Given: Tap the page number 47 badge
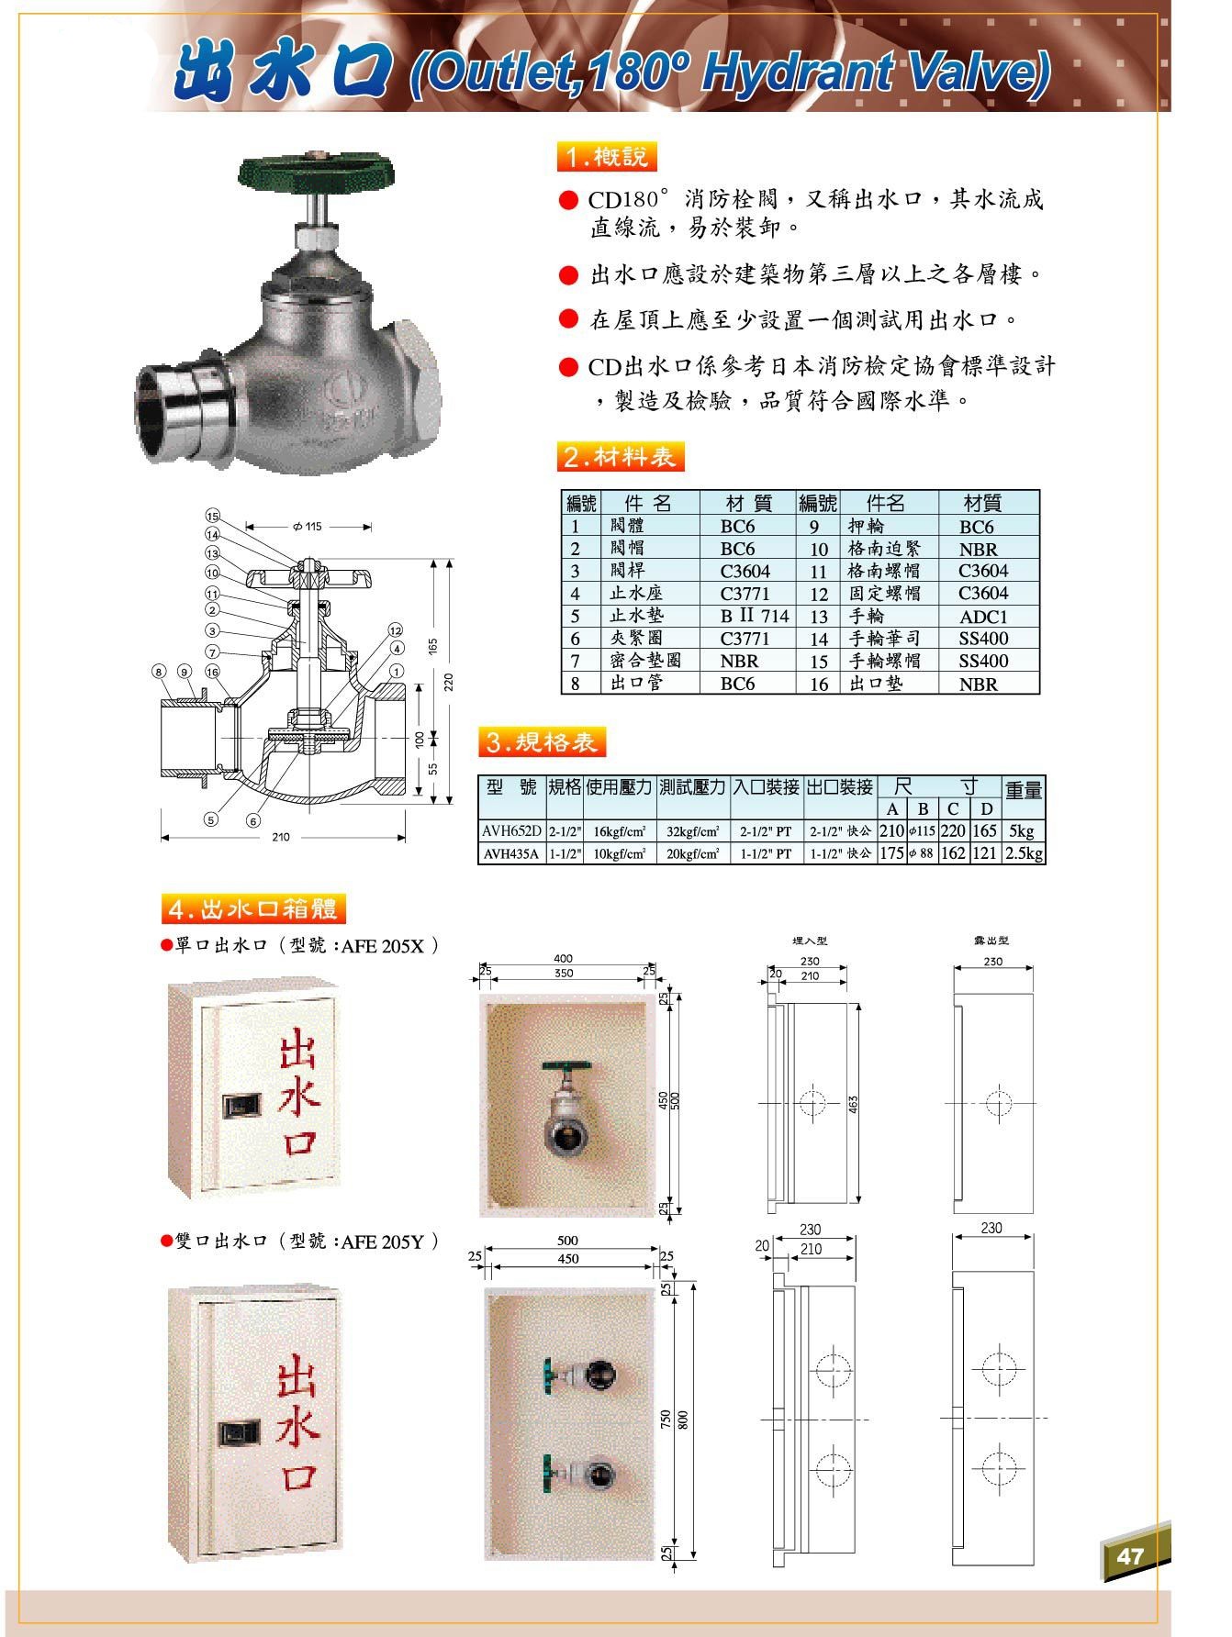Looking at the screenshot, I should [x=1130, y=1555].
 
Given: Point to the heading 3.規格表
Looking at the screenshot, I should [x=542, y=742].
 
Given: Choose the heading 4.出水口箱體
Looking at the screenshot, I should [x=253, y=908].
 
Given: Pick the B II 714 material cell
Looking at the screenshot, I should [x=754, y=616].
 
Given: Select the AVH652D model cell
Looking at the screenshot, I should [x=511, y=831].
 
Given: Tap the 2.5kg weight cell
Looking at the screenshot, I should [x=1023, y=853].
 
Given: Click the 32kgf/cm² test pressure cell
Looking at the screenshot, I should [x=692, y=831].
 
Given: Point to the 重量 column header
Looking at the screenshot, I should [x=1023, y=789].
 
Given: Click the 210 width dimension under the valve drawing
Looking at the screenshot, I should [x=281, y=837].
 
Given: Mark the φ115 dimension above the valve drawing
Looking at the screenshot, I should [x=308, y=527].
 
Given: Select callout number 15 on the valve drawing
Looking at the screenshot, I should [x=213, y=516].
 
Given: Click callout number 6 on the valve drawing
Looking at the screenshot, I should [x=252, y=820].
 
